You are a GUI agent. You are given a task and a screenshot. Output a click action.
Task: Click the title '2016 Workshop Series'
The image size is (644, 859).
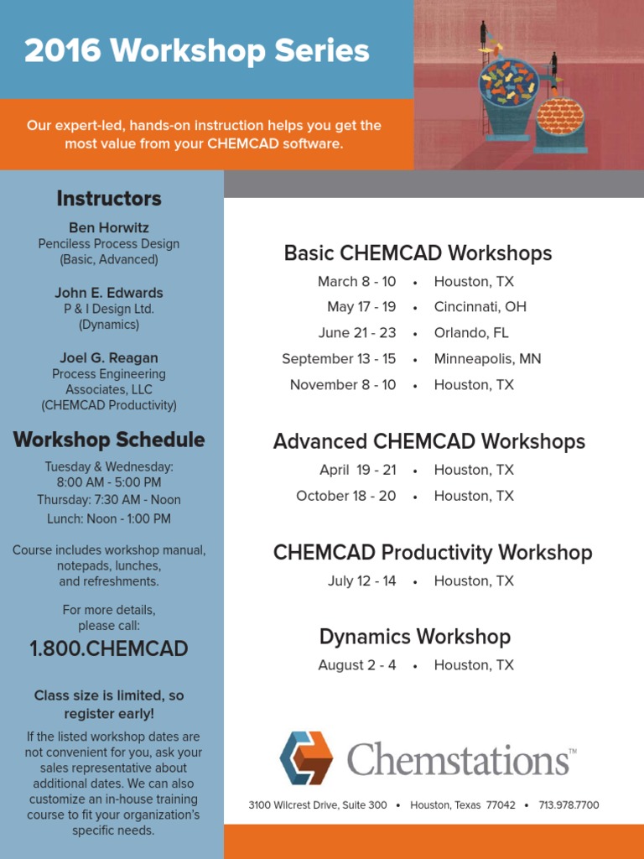click(197, 51)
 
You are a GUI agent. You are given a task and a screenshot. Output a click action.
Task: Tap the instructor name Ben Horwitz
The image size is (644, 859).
click(109, 227)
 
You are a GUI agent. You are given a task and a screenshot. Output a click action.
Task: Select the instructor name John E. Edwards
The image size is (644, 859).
click(109, 293)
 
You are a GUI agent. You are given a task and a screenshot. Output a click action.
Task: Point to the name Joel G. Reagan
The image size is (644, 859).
click(109, 358)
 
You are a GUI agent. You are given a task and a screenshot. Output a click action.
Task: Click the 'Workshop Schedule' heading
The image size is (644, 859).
click(109, 440)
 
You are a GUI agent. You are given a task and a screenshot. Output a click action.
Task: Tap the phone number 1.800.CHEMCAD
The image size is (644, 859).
click(109, 648)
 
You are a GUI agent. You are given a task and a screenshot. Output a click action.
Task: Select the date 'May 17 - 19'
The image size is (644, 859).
click(361, 307)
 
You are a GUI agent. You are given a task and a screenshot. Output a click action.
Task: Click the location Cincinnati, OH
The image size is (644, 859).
click(480, 307)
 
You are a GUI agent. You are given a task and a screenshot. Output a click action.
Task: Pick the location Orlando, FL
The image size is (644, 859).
click(471, 333)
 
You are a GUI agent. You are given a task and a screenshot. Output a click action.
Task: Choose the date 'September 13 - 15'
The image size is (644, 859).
click(339, 359)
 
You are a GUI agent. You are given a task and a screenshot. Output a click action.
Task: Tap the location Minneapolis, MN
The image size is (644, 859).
click(487, 359)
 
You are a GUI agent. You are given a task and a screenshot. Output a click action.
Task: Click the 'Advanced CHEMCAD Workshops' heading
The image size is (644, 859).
click(429, 441)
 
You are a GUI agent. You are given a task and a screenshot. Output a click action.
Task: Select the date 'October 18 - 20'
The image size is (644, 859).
click(345, 496)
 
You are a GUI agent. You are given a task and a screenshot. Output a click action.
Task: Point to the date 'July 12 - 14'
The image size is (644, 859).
click(361, 580)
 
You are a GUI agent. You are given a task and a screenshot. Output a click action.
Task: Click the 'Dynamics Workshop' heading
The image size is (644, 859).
click(415, 637)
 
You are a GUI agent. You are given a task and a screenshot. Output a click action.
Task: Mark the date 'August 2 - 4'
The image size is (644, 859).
click(357, 665)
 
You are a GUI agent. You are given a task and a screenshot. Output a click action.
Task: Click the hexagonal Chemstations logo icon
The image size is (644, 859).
click(307, 757)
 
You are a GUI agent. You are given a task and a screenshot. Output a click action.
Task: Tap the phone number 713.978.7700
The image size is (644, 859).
click(569, 805)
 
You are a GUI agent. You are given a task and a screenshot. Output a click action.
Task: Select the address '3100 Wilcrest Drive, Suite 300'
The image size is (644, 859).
click(318, 805)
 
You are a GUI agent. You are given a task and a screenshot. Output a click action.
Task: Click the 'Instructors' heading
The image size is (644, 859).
click(109, 199)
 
